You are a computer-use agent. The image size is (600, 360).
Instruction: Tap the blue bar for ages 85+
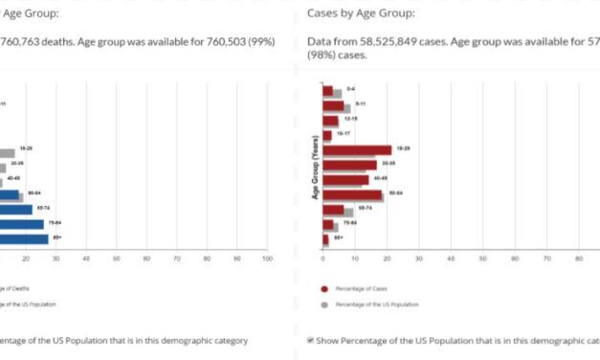click(x=23, y=238)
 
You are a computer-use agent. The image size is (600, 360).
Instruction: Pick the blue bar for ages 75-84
click(x=21, y=224)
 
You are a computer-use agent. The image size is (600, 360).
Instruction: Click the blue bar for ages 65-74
click(x=15, y=209)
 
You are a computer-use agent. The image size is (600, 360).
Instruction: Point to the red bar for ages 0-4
click(x=327, y=91)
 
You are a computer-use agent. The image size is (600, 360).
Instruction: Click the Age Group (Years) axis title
click(x=315, y=172)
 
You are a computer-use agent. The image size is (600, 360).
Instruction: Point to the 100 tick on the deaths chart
click(x=267, y=259)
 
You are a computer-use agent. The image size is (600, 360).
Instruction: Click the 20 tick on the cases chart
click(x=387, y=259)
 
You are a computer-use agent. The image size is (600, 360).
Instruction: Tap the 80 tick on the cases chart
click(x=578, y=259)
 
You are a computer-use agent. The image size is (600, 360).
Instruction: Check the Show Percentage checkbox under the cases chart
click(x=311, y=340)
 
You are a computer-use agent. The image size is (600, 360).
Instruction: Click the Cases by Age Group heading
click(x=361, y=13)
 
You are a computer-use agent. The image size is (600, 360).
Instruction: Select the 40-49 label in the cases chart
click(x=380, y=178)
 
